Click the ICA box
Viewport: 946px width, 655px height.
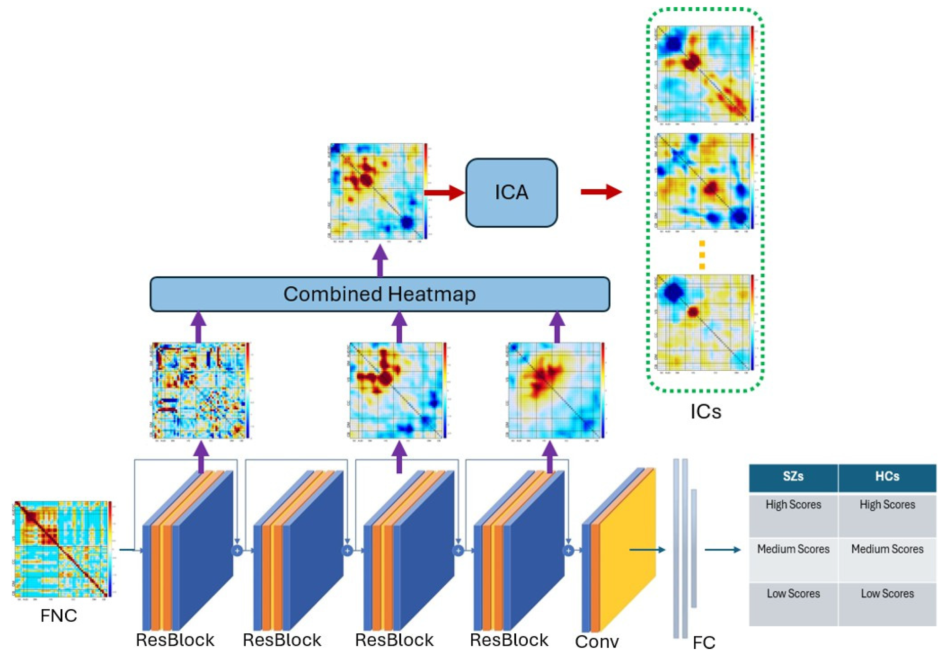pyautogui.click(x=511, y=193)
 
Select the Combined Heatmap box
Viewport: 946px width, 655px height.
pyautogui.click(x=379, y=294)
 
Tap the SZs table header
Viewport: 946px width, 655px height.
pyautogui.click(x=792, y=477)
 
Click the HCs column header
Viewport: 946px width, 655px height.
pyautogui.click(x=887, y=477)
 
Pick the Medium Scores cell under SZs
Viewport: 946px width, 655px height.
pyautogui.click(x=792, y=549)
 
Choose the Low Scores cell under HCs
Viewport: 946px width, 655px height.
pyautogui.click(x=887, y=594)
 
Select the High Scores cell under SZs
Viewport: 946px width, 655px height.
pyautogui.click(x=792, y=505)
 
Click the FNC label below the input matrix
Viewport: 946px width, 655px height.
pyautogui.click(x=58, y=616)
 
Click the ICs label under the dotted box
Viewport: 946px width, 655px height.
pyautogui.click(x=705, y=412)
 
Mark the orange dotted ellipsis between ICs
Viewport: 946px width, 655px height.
pyautogui.click(x=702, y=254)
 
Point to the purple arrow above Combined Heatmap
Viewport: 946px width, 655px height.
pyautogui.click(x=380, y=260)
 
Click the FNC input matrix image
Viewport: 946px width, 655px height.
pyautogui.click(x=60, y=548)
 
